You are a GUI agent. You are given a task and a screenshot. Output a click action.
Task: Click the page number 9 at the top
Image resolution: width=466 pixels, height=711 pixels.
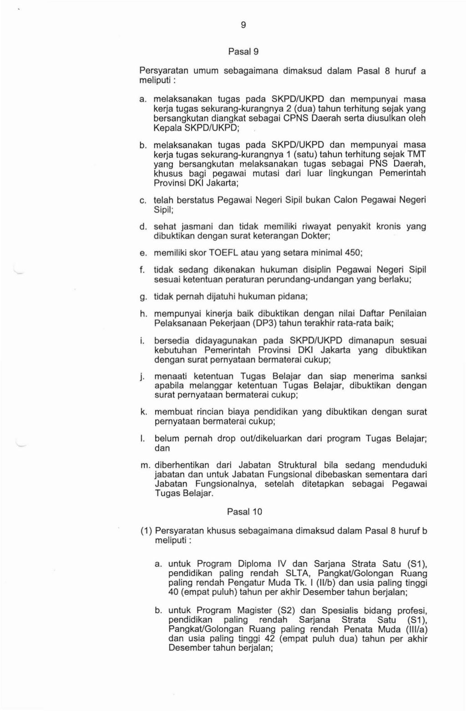click(243, 25)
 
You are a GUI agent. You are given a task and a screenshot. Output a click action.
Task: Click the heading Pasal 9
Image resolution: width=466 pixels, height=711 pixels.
click(243, 52)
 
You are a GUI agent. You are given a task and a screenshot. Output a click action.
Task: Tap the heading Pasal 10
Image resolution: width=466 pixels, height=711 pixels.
click(244, 512)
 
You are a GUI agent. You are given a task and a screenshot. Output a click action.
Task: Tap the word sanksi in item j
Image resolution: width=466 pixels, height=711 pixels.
click(414, 376)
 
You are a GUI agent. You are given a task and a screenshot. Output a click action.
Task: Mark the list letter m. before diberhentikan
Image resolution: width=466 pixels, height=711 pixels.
click(145, 465)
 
